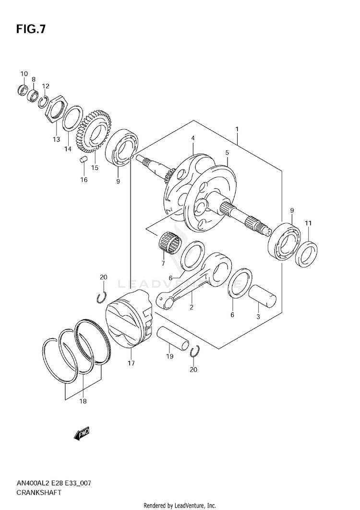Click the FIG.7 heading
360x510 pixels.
(31, 29)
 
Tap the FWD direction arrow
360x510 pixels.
(82, 434)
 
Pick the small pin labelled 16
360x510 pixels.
(84, 159)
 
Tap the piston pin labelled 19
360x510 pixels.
(173, 339)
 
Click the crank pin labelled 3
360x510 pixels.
(263, 296)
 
